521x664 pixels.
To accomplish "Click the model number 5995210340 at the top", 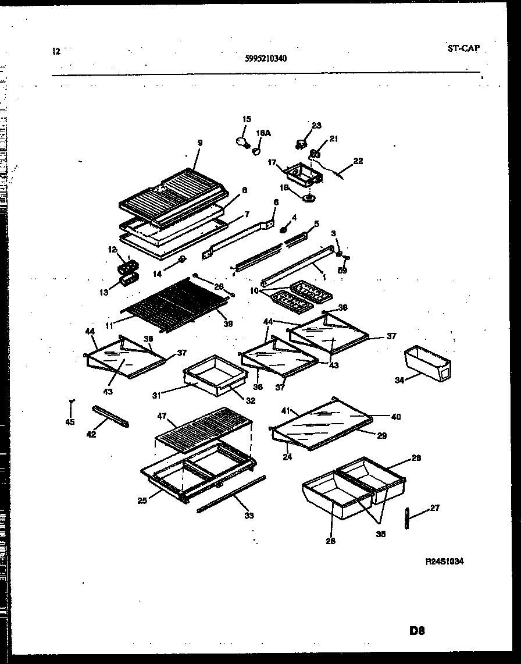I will coord(266,58).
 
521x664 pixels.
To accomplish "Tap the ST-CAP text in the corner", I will coord(463,49).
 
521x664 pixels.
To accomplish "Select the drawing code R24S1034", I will coord(445,561).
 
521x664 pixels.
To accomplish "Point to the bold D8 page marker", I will coord(417,631).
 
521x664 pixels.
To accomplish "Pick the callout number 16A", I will coord(263,133).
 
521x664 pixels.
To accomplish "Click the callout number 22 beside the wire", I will coord(358,161).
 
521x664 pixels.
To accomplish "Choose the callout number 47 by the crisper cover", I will coord(162,417).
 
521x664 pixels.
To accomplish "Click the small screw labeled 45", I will coord(71,402).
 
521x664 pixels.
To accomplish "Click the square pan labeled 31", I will coord(206,375).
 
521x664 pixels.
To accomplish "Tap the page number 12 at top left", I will coord(56,51).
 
